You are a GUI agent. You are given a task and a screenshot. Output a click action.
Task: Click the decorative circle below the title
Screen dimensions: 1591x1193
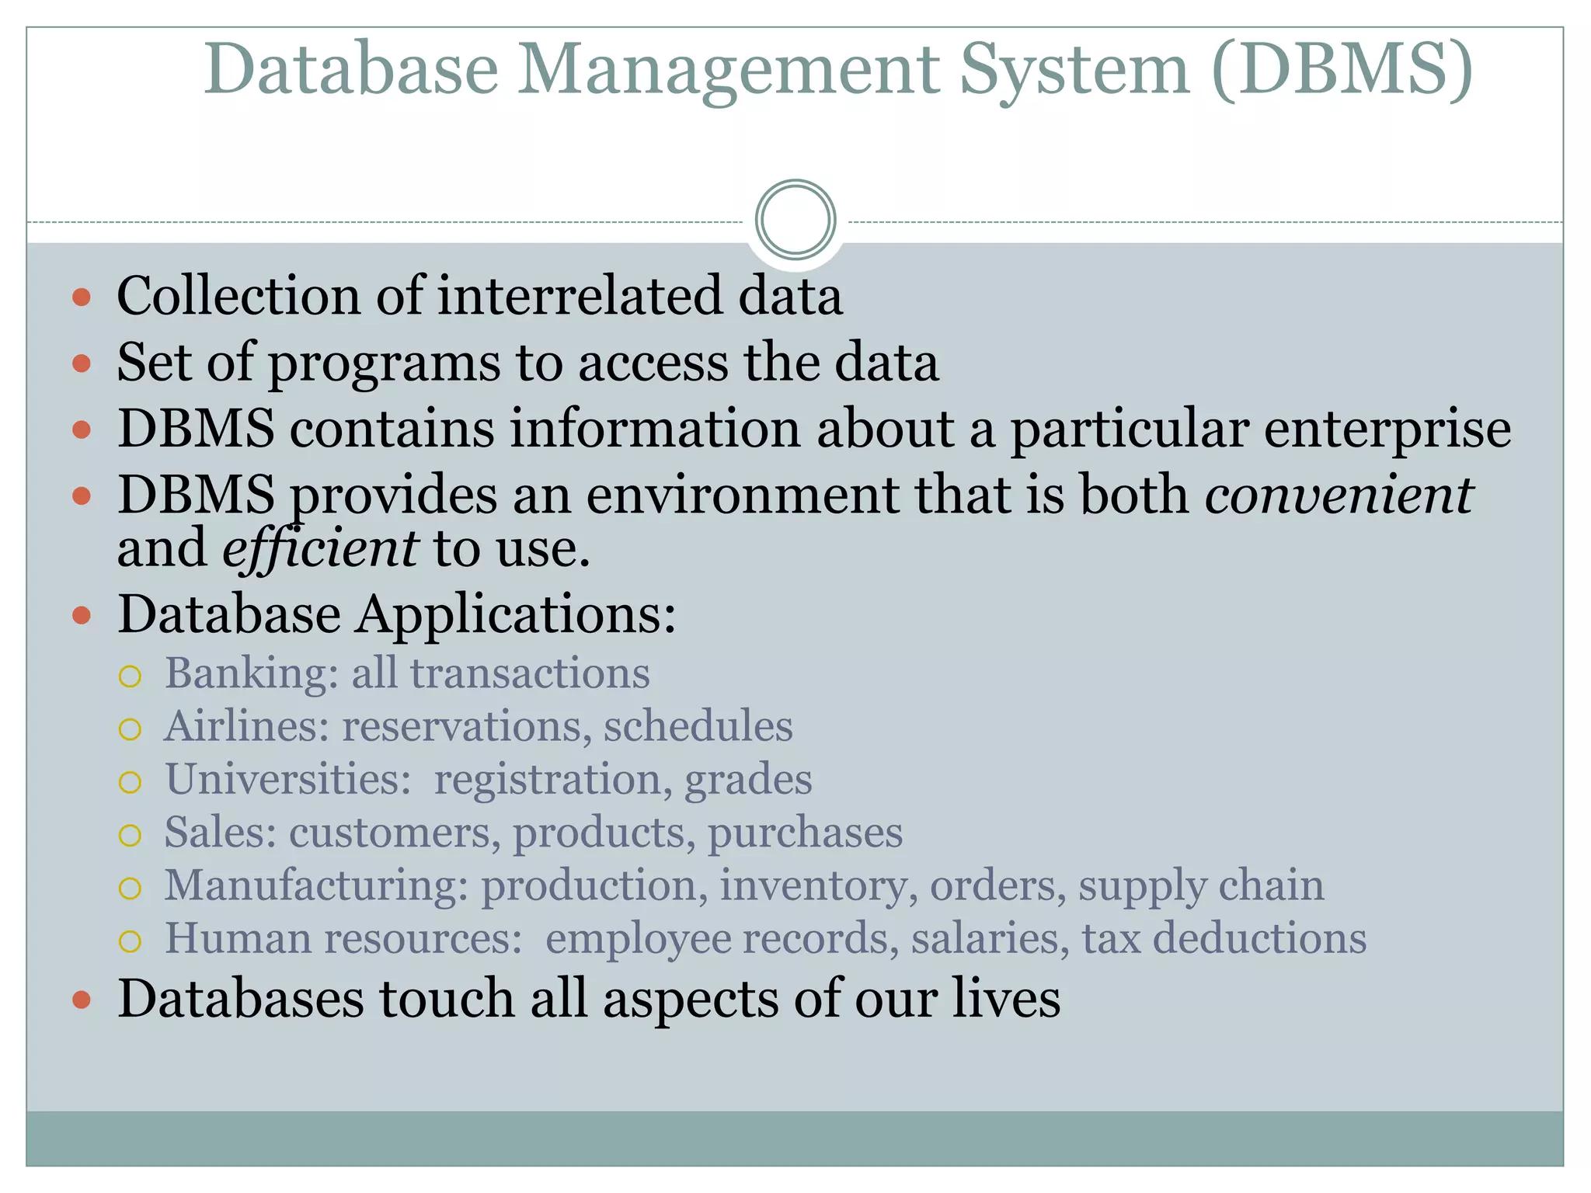[795, 220]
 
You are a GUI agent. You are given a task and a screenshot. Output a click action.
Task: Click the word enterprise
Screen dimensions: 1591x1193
[1387, 430]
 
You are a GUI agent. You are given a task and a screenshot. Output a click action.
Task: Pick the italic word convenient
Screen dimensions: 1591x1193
[1338, 495]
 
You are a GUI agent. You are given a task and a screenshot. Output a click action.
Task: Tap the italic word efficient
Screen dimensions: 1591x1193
[320, 548]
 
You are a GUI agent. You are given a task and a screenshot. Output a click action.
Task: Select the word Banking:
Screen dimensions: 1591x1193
[252, 673]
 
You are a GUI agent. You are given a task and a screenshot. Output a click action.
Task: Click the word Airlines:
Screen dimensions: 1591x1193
[247, 726]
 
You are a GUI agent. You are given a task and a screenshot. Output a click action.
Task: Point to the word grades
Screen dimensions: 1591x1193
[748, 779]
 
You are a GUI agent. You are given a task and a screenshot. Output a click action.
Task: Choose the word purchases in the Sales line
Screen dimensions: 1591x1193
[805, 833]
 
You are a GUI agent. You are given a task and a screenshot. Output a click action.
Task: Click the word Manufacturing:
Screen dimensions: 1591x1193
[316, 885]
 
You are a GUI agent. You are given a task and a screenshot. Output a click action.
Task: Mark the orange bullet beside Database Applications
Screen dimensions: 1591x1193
[82, 617]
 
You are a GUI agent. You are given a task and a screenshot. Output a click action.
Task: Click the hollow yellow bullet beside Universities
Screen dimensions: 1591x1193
[130, 782]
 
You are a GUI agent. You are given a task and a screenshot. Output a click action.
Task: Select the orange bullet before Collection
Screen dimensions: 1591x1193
[82, 297]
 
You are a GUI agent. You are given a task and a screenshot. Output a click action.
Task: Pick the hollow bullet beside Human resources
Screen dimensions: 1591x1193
[130, 941]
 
